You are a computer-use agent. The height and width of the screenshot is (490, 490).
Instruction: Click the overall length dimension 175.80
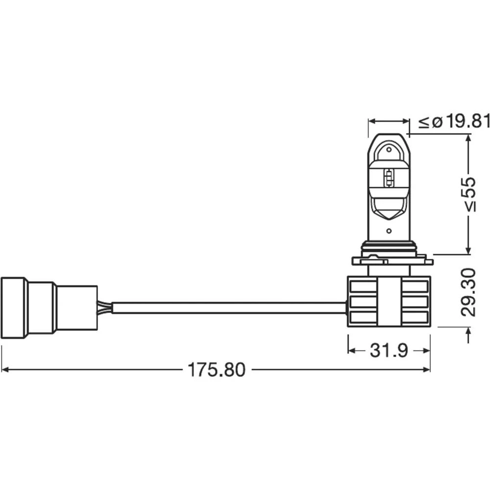pyautogui.click(x=216, y=370)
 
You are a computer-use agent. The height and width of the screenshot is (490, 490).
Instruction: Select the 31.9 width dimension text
pyautogui.click(x=389, y=350)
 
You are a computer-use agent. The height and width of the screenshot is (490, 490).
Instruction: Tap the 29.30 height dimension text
pyautogui.click(x=469, y=292)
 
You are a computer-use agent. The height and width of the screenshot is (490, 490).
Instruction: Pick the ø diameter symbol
pyautogui.click(x=437, y=122)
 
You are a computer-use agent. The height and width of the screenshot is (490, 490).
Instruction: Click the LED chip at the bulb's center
pyautogui.click(x=389, y=178)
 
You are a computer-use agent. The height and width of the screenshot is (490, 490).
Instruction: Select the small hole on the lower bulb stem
pyautogui.click(x=389, y=230)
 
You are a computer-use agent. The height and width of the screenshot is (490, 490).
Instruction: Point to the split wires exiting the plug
pyautogui.click(x=104, y=308)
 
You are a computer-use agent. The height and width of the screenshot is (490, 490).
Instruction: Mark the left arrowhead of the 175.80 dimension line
pyautogui.click(x=6, y=369)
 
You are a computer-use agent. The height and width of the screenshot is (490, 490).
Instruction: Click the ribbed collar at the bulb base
pyautogui.click(x=388, y=248)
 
